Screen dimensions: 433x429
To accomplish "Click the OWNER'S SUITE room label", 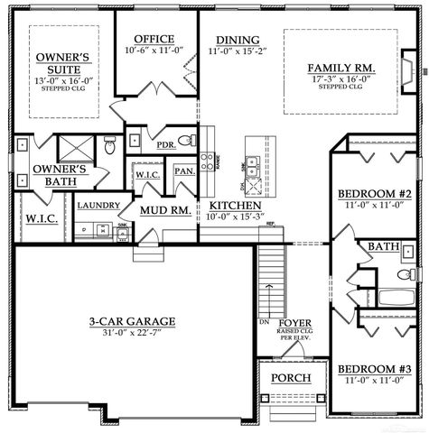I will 61,63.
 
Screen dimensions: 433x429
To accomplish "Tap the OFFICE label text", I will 154,39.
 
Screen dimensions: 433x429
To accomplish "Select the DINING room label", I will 238,41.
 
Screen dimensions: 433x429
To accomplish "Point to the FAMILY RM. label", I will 340,69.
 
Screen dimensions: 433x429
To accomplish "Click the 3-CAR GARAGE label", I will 132,321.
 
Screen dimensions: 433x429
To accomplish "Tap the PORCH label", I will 291,378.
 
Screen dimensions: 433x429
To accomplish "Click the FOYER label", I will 294,322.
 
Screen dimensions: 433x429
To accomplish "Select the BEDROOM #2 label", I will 374,195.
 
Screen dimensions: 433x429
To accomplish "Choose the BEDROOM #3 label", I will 374,370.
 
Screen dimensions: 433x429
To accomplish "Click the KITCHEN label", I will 237,204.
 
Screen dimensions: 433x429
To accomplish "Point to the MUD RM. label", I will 163,211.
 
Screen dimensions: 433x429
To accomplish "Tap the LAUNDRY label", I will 93,206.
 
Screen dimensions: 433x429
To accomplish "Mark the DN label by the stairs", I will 264,322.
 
